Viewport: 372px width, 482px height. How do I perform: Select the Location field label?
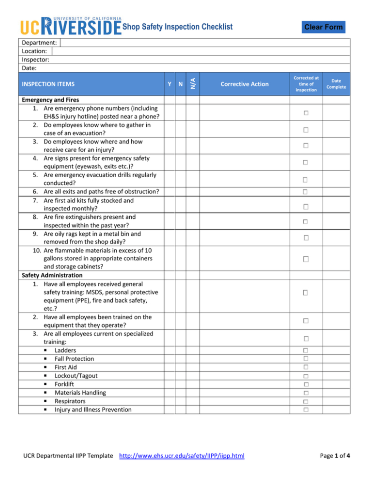coord(34,50)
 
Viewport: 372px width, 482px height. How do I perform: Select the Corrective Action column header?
coord(244,84)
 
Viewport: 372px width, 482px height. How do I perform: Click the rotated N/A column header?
coord(192,84)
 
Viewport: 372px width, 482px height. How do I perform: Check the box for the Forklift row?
coord(306,385)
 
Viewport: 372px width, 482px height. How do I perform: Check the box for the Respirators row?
coord(306,402)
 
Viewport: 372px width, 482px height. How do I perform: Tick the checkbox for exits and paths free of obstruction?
coord(306,192)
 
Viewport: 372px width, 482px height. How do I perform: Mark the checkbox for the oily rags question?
coord(306,238)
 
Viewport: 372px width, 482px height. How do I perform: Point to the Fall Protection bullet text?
coord(75,358)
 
